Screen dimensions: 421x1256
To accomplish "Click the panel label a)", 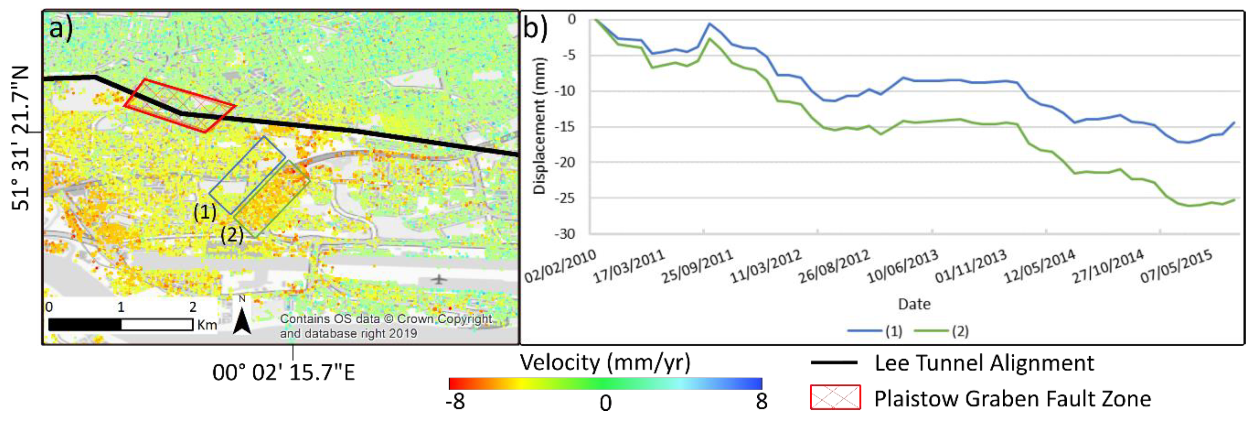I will (x=61, y=28).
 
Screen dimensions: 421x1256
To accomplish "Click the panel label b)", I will (x=535, y=28).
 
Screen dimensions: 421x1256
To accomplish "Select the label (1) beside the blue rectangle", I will (x=205, y=212).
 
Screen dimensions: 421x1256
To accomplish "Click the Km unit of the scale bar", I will (x=207, y=325).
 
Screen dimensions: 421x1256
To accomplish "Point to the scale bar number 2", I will (x=193, y=307).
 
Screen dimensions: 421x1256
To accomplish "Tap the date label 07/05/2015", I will (x=1176, y=266).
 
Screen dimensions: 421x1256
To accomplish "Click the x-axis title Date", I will (x=914, y=304).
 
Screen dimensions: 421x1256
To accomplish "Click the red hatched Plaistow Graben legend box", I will (x=835, y=397).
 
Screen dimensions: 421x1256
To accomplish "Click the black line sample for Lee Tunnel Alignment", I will (x=834, y=362).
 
